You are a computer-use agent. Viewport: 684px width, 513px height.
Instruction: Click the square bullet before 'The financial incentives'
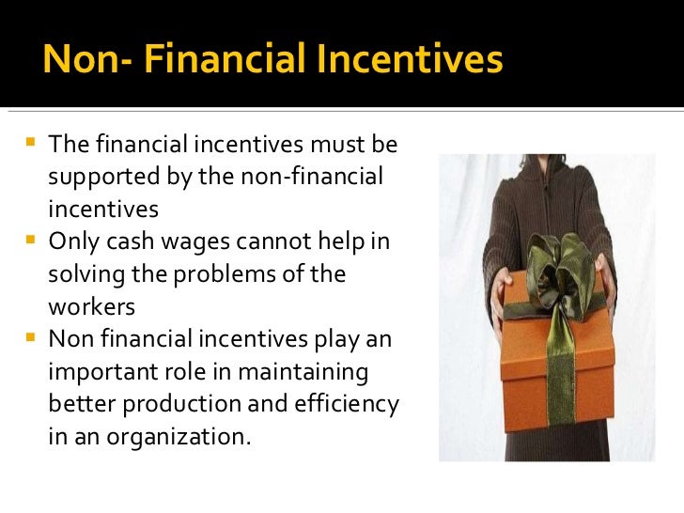tap(28, 145)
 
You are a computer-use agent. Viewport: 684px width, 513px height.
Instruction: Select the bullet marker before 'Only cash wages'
tap(28, 242)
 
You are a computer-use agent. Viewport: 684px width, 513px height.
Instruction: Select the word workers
tap(91, 307)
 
